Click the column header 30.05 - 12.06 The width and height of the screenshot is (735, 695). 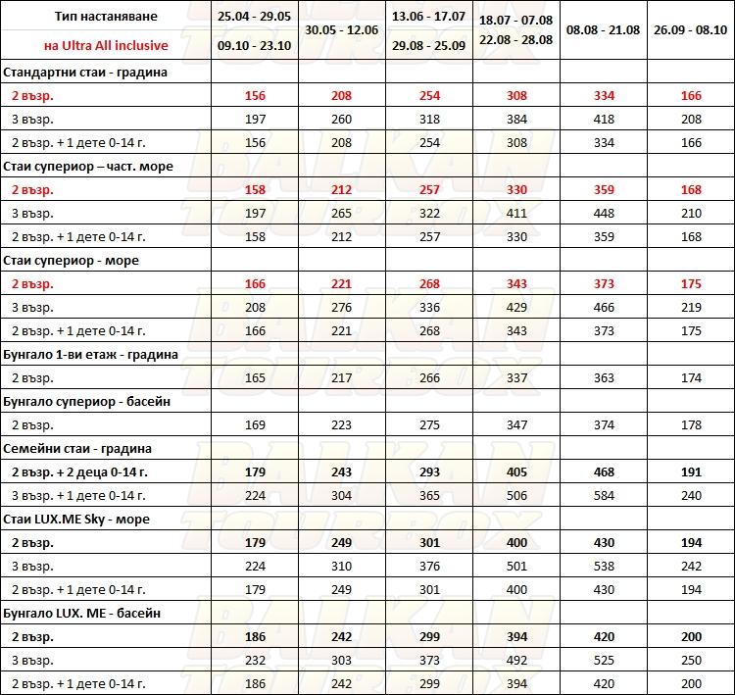pos(343,30)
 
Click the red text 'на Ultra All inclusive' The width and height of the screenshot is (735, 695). pos(105,45)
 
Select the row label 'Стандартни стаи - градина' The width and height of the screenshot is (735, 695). pos(85,73)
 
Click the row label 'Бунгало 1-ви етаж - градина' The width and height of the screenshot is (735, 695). pos(91,355)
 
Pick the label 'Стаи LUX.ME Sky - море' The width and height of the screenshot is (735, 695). pos(77,520)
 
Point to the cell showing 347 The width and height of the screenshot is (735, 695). pos(515,425)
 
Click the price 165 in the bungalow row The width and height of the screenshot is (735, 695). pos(257,378)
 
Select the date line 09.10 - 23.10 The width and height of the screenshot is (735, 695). pos(257,45)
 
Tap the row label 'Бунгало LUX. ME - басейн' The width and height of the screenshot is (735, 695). pos(82,614)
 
